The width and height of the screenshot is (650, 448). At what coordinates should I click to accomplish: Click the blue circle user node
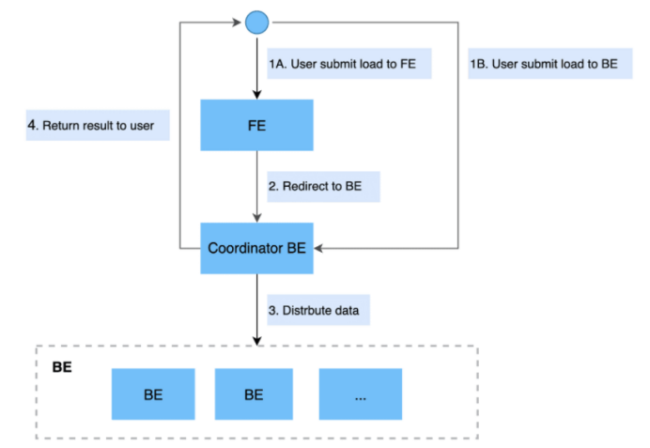[257, 23]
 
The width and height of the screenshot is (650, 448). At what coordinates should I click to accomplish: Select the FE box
[257, 125]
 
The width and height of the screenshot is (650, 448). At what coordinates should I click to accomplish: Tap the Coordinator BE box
[257, 248]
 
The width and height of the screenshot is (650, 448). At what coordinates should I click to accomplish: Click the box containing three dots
[361, 394]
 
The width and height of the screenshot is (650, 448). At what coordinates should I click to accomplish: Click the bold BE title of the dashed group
[62, 367]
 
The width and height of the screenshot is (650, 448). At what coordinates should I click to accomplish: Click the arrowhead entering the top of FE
[257, 95]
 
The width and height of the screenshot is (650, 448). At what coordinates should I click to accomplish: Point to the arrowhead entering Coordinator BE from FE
[257, 218]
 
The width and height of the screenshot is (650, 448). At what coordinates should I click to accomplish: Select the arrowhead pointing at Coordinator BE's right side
[318, 248]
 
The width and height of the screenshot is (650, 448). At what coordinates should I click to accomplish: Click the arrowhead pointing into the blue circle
[237, 23]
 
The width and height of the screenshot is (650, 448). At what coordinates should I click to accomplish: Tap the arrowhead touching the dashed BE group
[257, 341]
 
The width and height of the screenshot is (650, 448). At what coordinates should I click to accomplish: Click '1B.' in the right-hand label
[479, 64]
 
